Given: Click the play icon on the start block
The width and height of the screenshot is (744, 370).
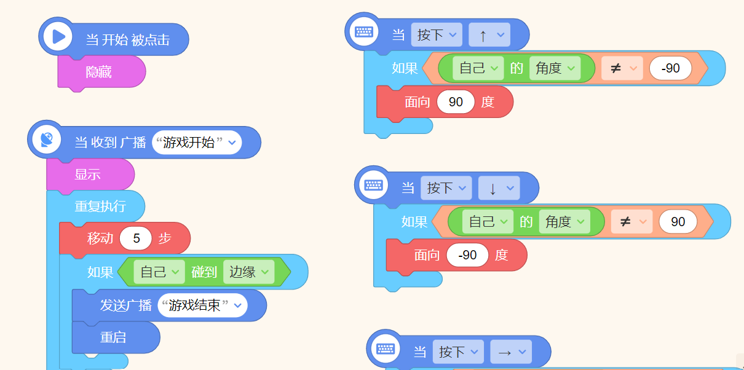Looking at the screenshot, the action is point(58,36).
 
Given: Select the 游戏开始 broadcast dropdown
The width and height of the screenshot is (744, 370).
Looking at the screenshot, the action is point(197,143).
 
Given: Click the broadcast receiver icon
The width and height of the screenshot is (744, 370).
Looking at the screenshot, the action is point(47,140).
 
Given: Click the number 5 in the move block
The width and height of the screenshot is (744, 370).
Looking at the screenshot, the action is point(136,238).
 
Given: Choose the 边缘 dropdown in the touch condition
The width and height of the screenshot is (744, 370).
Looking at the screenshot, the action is point(249,272).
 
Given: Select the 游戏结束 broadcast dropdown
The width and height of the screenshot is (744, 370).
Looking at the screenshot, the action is point(202,305).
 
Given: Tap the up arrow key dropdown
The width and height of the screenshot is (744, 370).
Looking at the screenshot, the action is point(489,35).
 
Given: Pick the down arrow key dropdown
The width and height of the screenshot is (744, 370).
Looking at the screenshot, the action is point(499,188).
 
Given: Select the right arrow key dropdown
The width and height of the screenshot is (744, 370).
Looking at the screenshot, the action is point(511,352).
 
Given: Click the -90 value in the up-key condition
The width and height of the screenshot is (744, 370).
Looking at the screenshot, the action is point(671,68).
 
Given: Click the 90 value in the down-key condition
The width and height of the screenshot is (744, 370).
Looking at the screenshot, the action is point(678,221).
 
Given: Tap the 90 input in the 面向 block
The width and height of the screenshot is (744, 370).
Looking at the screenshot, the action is point(456,101).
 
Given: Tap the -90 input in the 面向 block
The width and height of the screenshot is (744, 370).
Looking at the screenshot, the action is point(467,255).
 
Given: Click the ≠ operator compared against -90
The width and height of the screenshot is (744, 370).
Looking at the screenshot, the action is point(622,68).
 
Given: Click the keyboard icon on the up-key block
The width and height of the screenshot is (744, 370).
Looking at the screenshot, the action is point(364,32).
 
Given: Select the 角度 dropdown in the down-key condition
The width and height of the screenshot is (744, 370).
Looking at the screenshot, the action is point(564,221).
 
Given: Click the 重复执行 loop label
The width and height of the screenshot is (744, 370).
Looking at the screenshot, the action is point(100,207).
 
